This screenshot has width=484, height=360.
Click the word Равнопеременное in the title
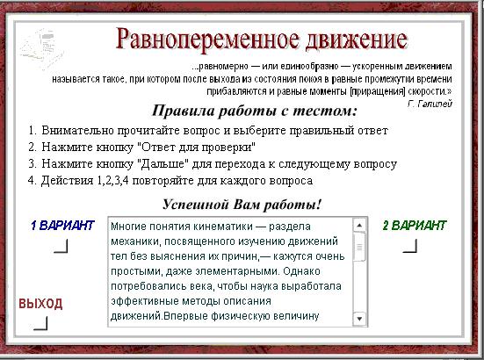tap(207, 40)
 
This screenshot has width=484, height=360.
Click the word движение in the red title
tap(357, 40)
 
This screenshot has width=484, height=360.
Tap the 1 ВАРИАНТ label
tap(62, 226)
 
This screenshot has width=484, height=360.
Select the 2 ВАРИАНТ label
tap(415, 226)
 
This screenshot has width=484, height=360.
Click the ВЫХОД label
tap(40, 304)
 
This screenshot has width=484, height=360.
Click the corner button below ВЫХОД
tap(41, 323)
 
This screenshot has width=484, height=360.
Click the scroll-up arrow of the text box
tap(359, 225)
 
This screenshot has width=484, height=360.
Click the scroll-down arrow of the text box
tap(359, 318)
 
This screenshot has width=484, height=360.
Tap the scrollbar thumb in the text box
tap(359, 247)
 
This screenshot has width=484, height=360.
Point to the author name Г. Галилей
tap(430, 104)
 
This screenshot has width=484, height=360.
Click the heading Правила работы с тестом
tap(255, 111)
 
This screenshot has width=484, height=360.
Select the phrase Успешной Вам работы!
tap(242, 205)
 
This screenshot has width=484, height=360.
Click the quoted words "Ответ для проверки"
tap(199, 148)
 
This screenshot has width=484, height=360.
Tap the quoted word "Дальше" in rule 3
tap(164, 164)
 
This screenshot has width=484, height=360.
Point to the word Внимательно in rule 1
tap(77, 131)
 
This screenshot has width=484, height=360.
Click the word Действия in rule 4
tap(68, 181)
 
